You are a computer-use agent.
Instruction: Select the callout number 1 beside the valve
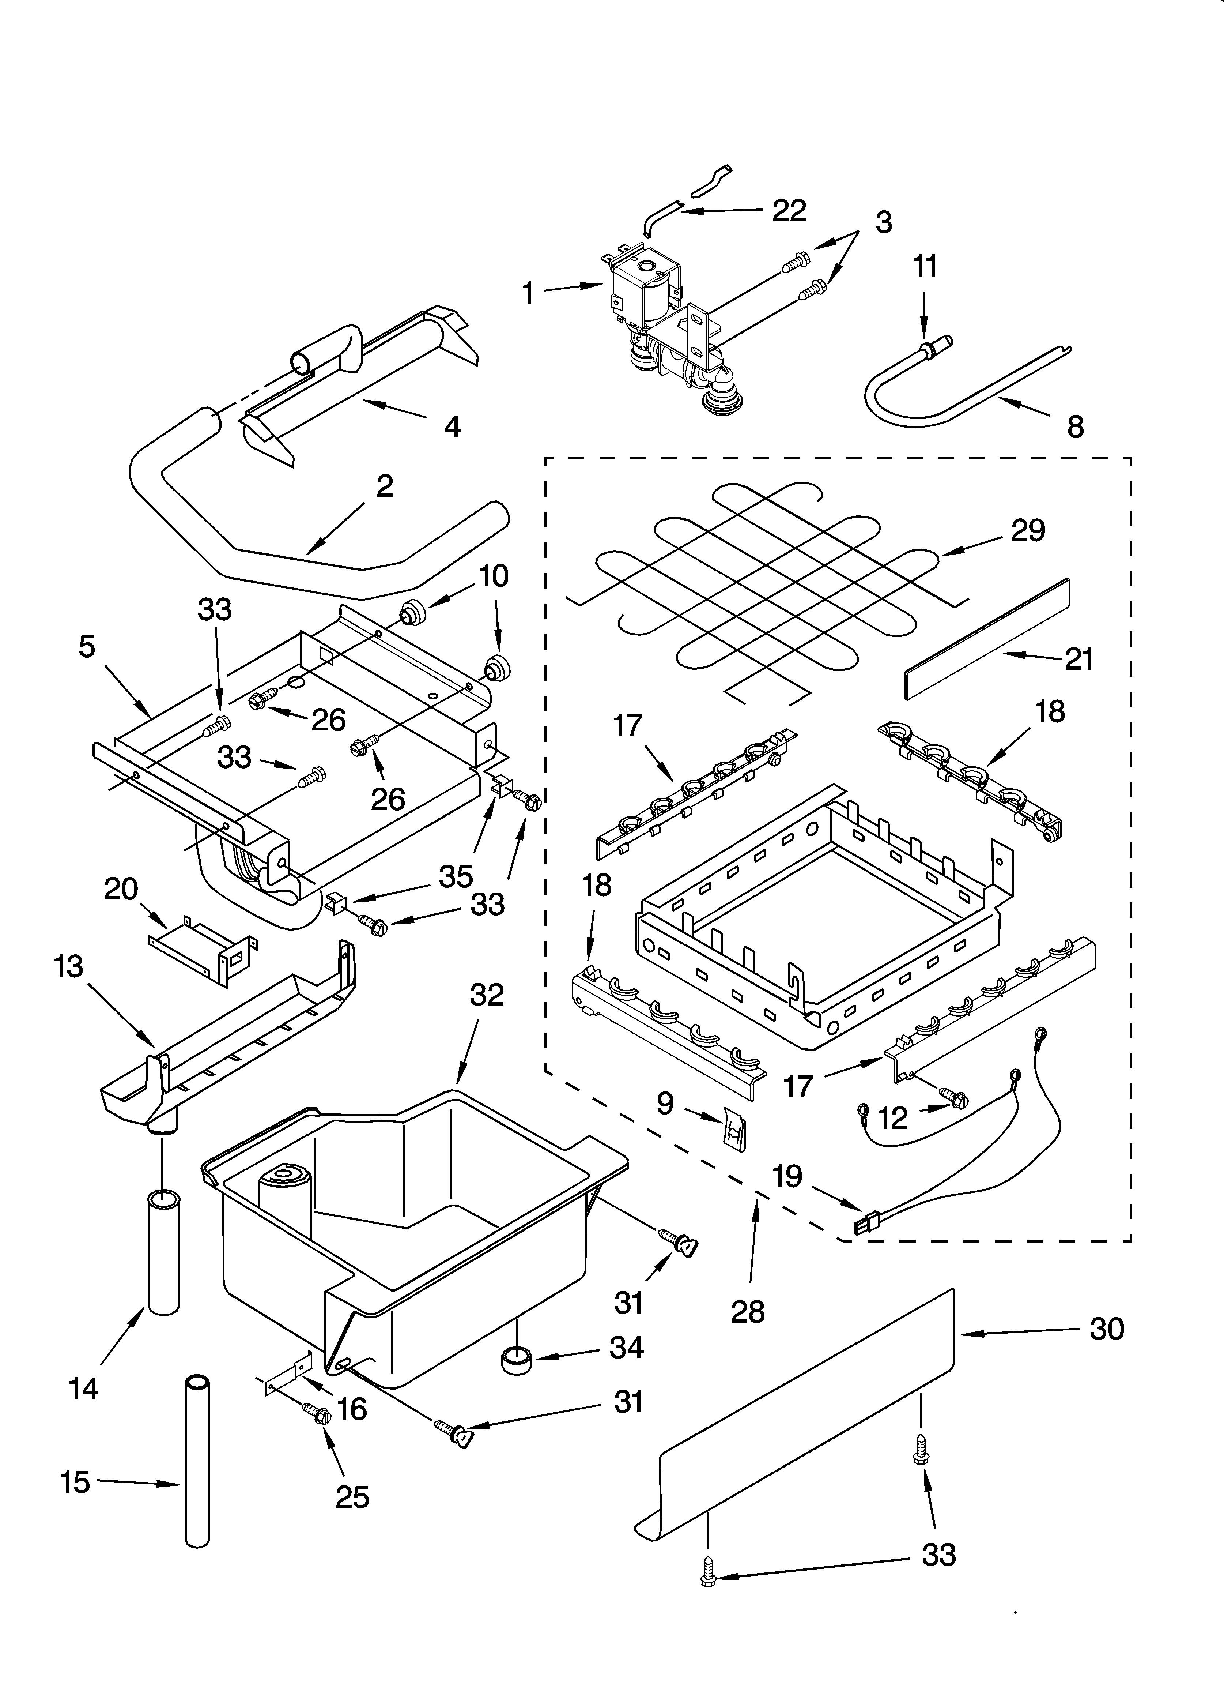528,293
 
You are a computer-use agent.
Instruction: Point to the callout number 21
1078,659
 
